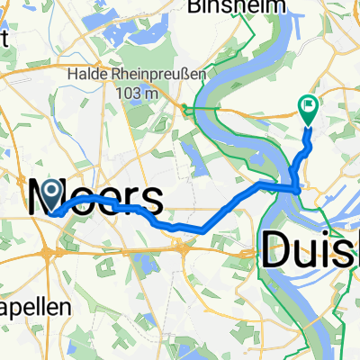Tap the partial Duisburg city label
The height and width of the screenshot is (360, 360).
(310, 248)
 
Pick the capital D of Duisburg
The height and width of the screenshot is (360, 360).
(278, 247)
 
